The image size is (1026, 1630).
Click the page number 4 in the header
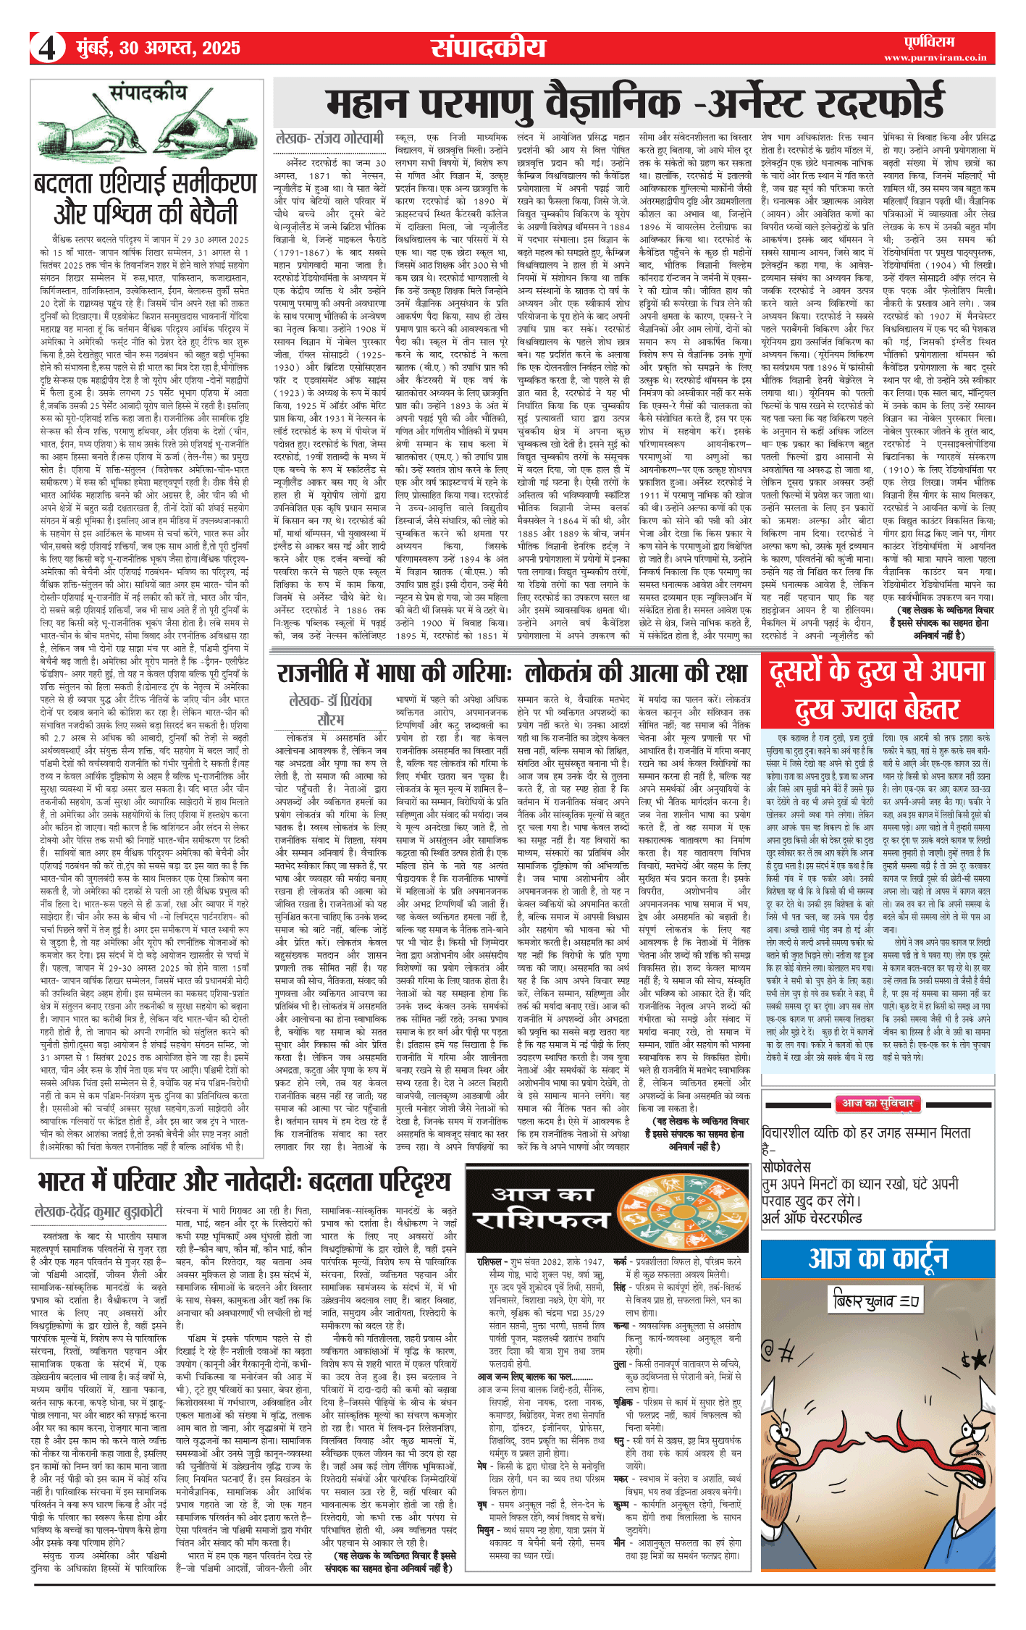point(46,48)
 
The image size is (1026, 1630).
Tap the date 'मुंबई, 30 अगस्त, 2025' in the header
point(158,48)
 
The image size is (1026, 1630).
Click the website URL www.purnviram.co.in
point(935,57)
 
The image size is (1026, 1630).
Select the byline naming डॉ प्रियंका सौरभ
point(330,710)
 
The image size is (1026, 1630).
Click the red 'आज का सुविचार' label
point(877,1104)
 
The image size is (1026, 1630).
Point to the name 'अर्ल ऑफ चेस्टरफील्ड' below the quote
point(812,1218)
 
